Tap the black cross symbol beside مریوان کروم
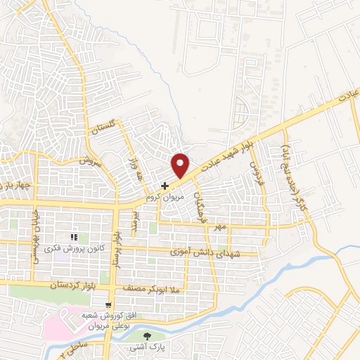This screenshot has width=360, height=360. (x=165, y=186)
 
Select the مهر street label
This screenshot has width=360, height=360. (x=223, y=228)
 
